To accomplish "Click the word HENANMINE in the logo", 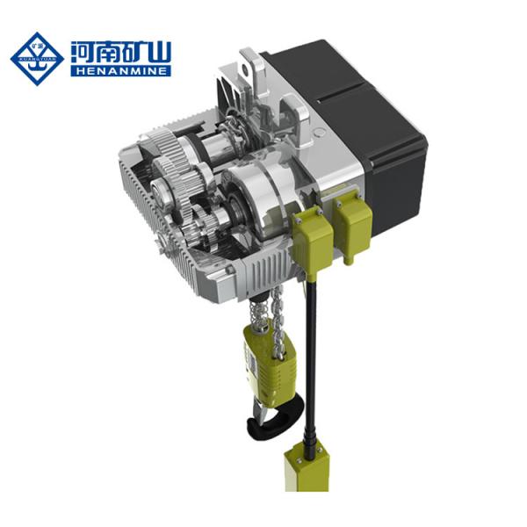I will (x=121, y=70).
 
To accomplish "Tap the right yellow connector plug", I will (x=356, y=224).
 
